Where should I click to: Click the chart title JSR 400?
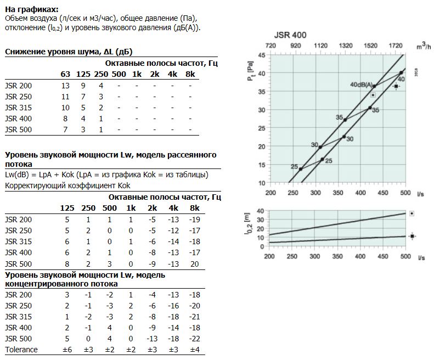point(290,35)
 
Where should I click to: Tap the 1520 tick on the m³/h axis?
point(370,46)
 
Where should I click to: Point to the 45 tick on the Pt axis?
point(262,55)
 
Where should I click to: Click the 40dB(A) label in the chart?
point(361,85)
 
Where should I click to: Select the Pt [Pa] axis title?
point(251,71)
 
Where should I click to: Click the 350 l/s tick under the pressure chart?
point(337,193)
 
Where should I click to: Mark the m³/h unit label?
point(424,46)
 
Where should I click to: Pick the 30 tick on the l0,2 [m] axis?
point(261,220)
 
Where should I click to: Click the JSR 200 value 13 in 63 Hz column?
point(65,86)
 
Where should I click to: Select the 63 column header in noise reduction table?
point(65,74)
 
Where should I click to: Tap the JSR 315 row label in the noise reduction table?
point(18,108)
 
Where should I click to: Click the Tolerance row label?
point(21,350)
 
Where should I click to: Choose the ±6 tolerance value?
point(67,350)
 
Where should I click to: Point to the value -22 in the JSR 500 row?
point(195,339)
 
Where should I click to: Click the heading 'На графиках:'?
point(32,9)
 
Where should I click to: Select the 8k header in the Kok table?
point(195,208)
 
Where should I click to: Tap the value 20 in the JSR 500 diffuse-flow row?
point(195,264)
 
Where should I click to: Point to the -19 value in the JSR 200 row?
point(195,220)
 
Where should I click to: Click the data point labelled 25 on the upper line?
point(301,169)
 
